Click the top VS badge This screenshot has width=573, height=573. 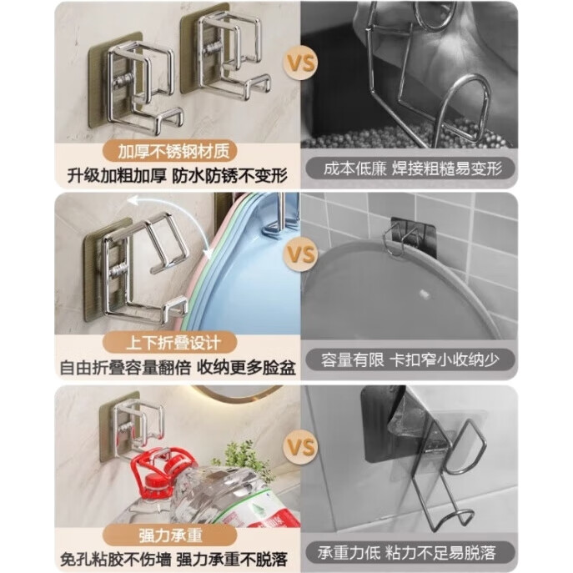click(301, 63)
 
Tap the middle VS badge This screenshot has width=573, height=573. click(301, 254)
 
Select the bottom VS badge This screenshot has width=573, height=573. click(301, 446)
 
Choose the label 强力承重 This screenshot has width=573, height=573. click(170, 535)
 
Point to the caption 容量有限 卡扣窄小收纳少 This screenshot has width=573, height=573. click(410, 360)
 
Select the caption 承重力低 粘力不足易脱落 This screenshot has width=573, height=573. click(406, 552)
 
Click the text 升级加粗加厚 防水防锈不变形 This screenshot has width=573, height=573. click(177, 176)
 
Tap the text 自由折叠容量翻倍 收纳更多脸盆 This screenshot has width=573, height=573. click(178, 367)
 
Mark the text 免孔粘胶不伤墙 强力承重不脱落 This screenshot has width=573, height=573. click(174, 559)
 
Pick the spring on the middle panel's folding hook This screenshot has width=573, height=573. click(118, 269)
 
